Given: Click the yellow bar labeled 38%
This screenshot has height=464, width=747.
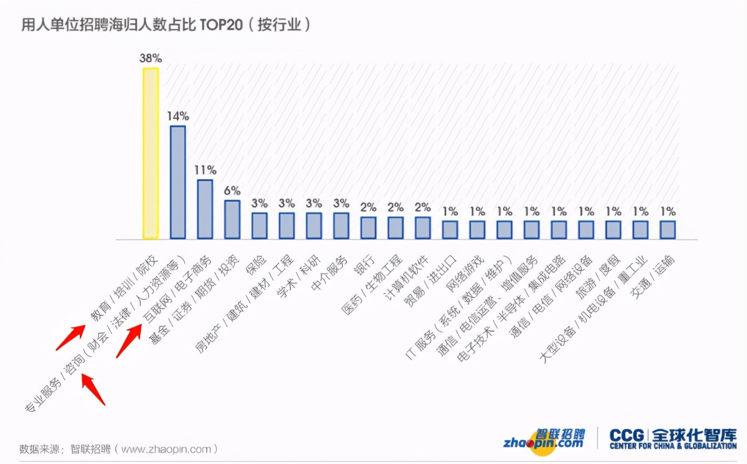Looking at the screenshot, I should pyautogui.click(x=150, y=153).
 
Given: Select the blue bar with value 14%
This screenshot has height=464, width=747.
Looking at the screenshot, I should pyautogui.click(x=178, y=182).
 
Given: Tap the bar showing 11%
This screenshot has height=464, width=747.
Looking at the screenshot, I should pyautogui.click(x=205, y=209).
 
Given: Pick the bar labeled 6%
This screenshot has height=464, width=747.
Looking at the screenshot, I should pyautogui.click(x=232, y=219).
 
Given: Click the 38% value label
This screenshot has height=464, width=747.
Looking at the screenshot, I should pyautogui.click(x=150, y=58).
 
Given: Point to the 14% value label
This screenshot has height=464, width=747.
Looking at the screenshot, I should pyautogui.click(x=178, y=116).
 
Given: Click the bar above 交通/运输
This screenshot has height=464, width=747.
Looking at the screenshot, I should pyautogui.click(x=668, y=229).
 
